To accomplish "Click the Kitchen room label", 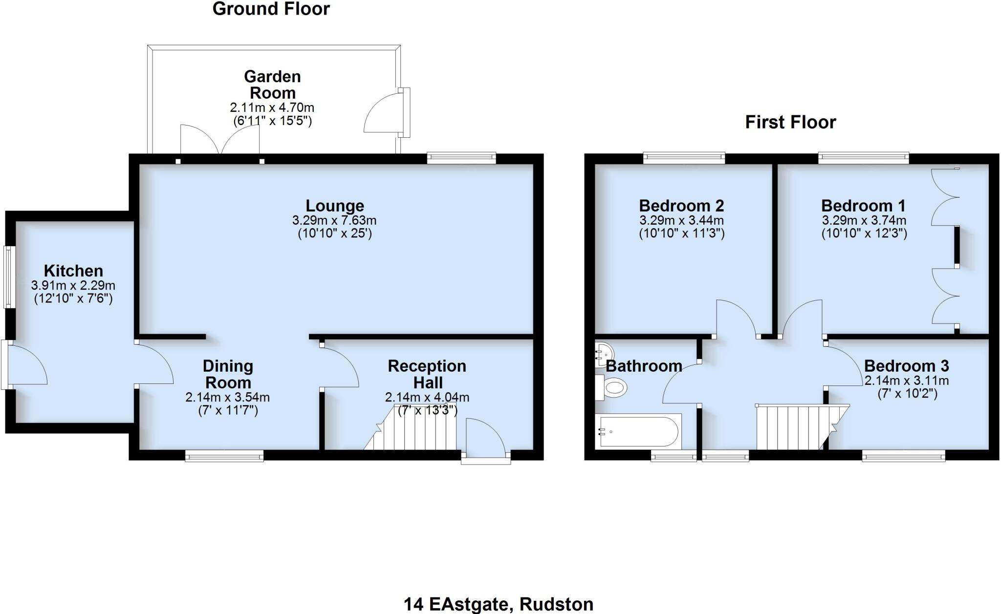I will click(73, 271).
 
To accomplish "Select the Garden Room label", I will click(272, 85).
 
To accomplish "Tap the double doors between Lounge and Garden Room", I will click(220, 141).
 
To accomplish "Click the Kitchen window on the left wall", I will click(8, 277).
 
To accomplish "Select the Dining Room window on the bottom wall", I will click(224, 456).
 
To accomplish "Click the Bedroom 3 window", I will click(903, 456).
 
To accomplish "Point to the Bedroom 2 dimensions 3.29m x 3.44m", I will click(681, 221).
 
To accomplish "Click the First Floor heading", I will click(790, 122).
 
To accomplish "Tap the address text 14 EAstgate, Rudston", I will click(498, 604).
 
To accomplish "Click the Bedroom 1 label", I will click(863, 206).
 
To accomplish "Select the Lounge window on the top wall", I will click(461, 158).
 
